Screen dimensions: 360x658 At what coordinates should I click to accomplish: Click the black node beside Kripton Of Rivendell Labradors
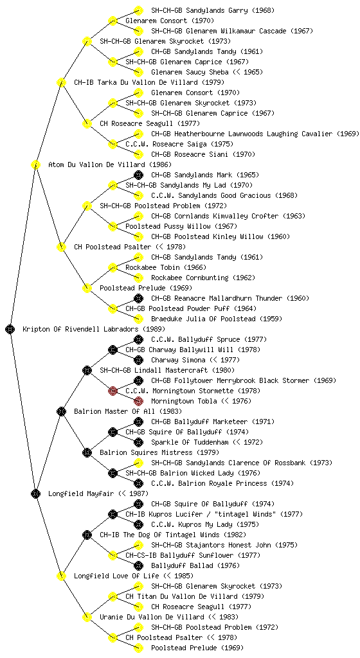point(10,329)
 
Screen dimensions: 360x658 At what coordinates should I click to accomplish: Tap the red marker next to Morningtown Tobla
point(138,401)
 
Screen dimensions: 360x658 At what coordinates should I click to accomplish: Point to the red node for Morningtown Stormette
point(113,391)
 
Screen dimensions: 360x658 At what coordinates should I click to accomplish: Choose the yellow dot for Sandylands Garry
point(138,10)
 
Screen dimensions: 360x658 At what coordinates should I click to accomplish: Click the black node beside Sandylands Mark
point(138,175)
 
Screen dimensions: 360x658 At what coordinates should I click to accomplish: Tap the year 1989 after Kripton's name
point(154,329)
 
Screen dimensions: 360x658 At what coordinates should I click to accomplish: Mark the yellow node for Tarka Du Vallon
point(61,82)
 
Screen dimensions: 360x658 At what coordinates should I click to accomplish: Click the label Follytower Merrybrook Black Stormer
point(244,380)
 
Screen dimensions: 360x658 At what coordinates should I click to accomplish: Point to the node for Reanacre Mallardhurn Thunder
point(138,298)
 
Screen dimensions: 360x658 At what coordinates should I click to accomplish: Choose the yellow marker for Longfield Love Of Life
point(61,576)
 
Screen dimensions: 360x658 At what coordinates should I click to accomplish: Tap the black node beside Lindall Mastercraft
point(87,370)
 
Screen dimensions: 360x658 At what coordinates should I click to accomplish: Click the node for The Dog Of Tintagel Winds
point(87,535)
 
